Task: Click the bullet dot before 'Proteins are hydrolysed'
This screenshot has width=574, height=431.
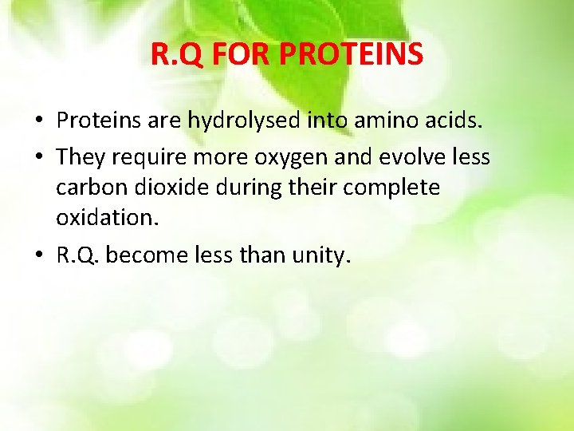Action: (38, 121)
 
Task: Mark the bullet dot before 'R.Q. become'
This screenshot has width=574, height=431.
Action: (38, 256)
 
